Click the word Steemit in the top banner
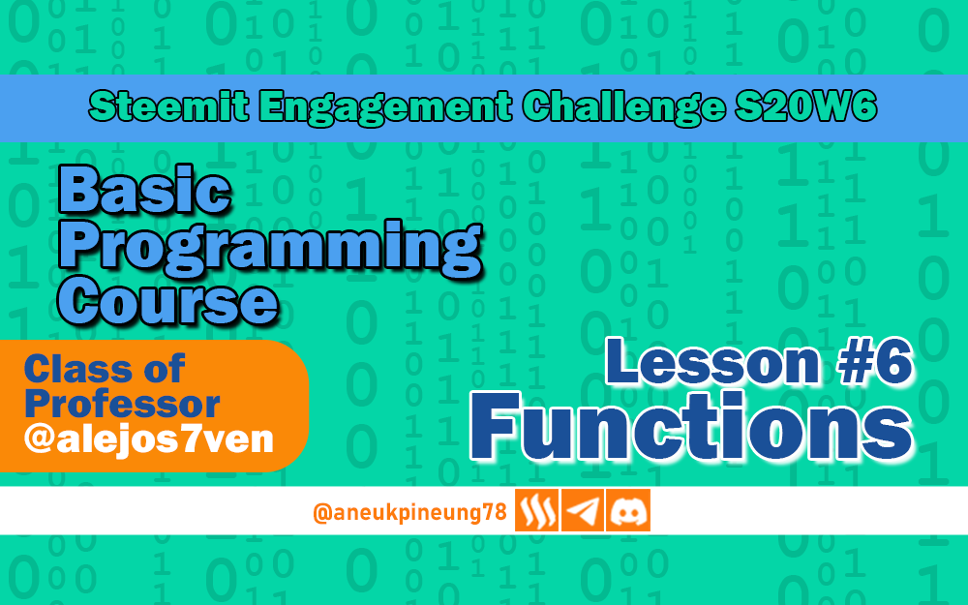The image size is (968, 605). [169, 106]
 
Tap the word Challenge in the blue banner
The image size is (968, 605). [623, 107]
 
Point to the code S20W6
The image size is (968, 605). [805, 106]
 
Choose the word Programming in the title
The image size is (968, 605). [270, 247]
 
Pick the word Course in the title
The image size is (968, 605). [167, 301]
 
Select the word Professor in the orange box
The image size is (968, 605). [122, 405]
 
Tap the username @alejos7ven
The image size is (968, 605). [148, 439]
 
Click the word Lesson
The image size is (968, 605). [713, 362]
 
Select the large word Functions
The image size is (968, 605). [691, 427]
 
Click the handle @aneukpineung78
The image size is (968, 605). [409, 512]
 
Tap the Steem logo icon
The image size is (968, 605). [536, 510]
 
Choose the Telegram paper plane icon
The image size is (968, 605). [582, 510]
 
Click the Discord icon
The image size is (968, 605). [628, 510]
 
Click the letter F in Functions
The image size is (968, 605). [497, 427]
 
